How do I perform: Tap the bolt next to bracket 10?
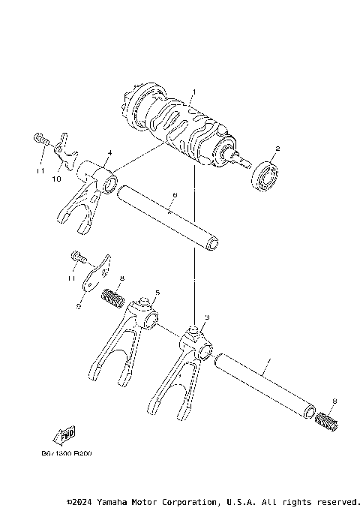click(40, 140)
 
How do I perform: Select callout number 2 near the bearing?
click(277, 149)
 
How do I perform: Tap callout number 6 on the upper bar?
click(174, 195)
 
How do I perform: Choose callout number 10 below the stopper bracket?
click(55, 179)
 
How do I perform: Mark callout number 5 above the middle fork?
click(157, 292)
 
